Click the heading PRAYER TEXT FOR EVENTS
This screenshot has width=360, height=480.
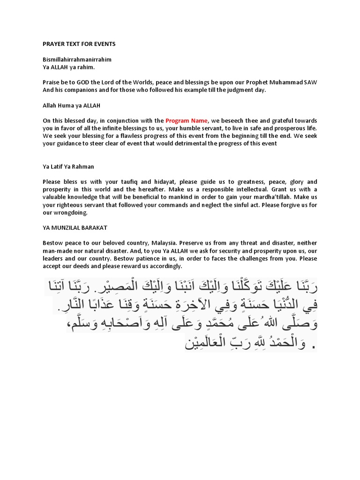pos(79,44)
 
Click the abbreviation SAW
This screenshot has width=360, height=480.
pos(310,82)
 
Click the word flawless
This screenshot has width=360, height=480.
pos(136,136)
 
